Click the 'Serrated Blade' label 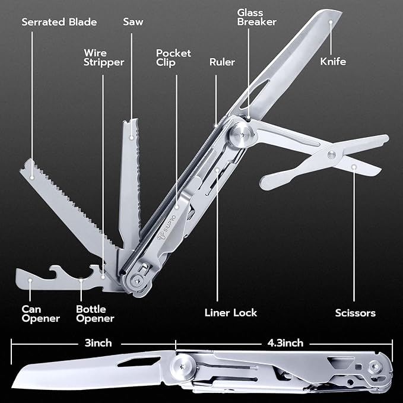59,23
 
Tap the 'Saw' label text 133,23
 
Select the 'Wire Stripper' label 104,58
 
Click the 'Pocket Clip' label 173,58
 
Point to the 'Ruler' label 222,62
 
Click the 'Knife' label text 333,61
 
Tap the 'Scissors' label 354,313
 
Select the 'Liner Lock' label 230,313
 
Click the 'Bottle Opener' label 95,314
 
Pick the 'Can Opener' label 41,314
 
